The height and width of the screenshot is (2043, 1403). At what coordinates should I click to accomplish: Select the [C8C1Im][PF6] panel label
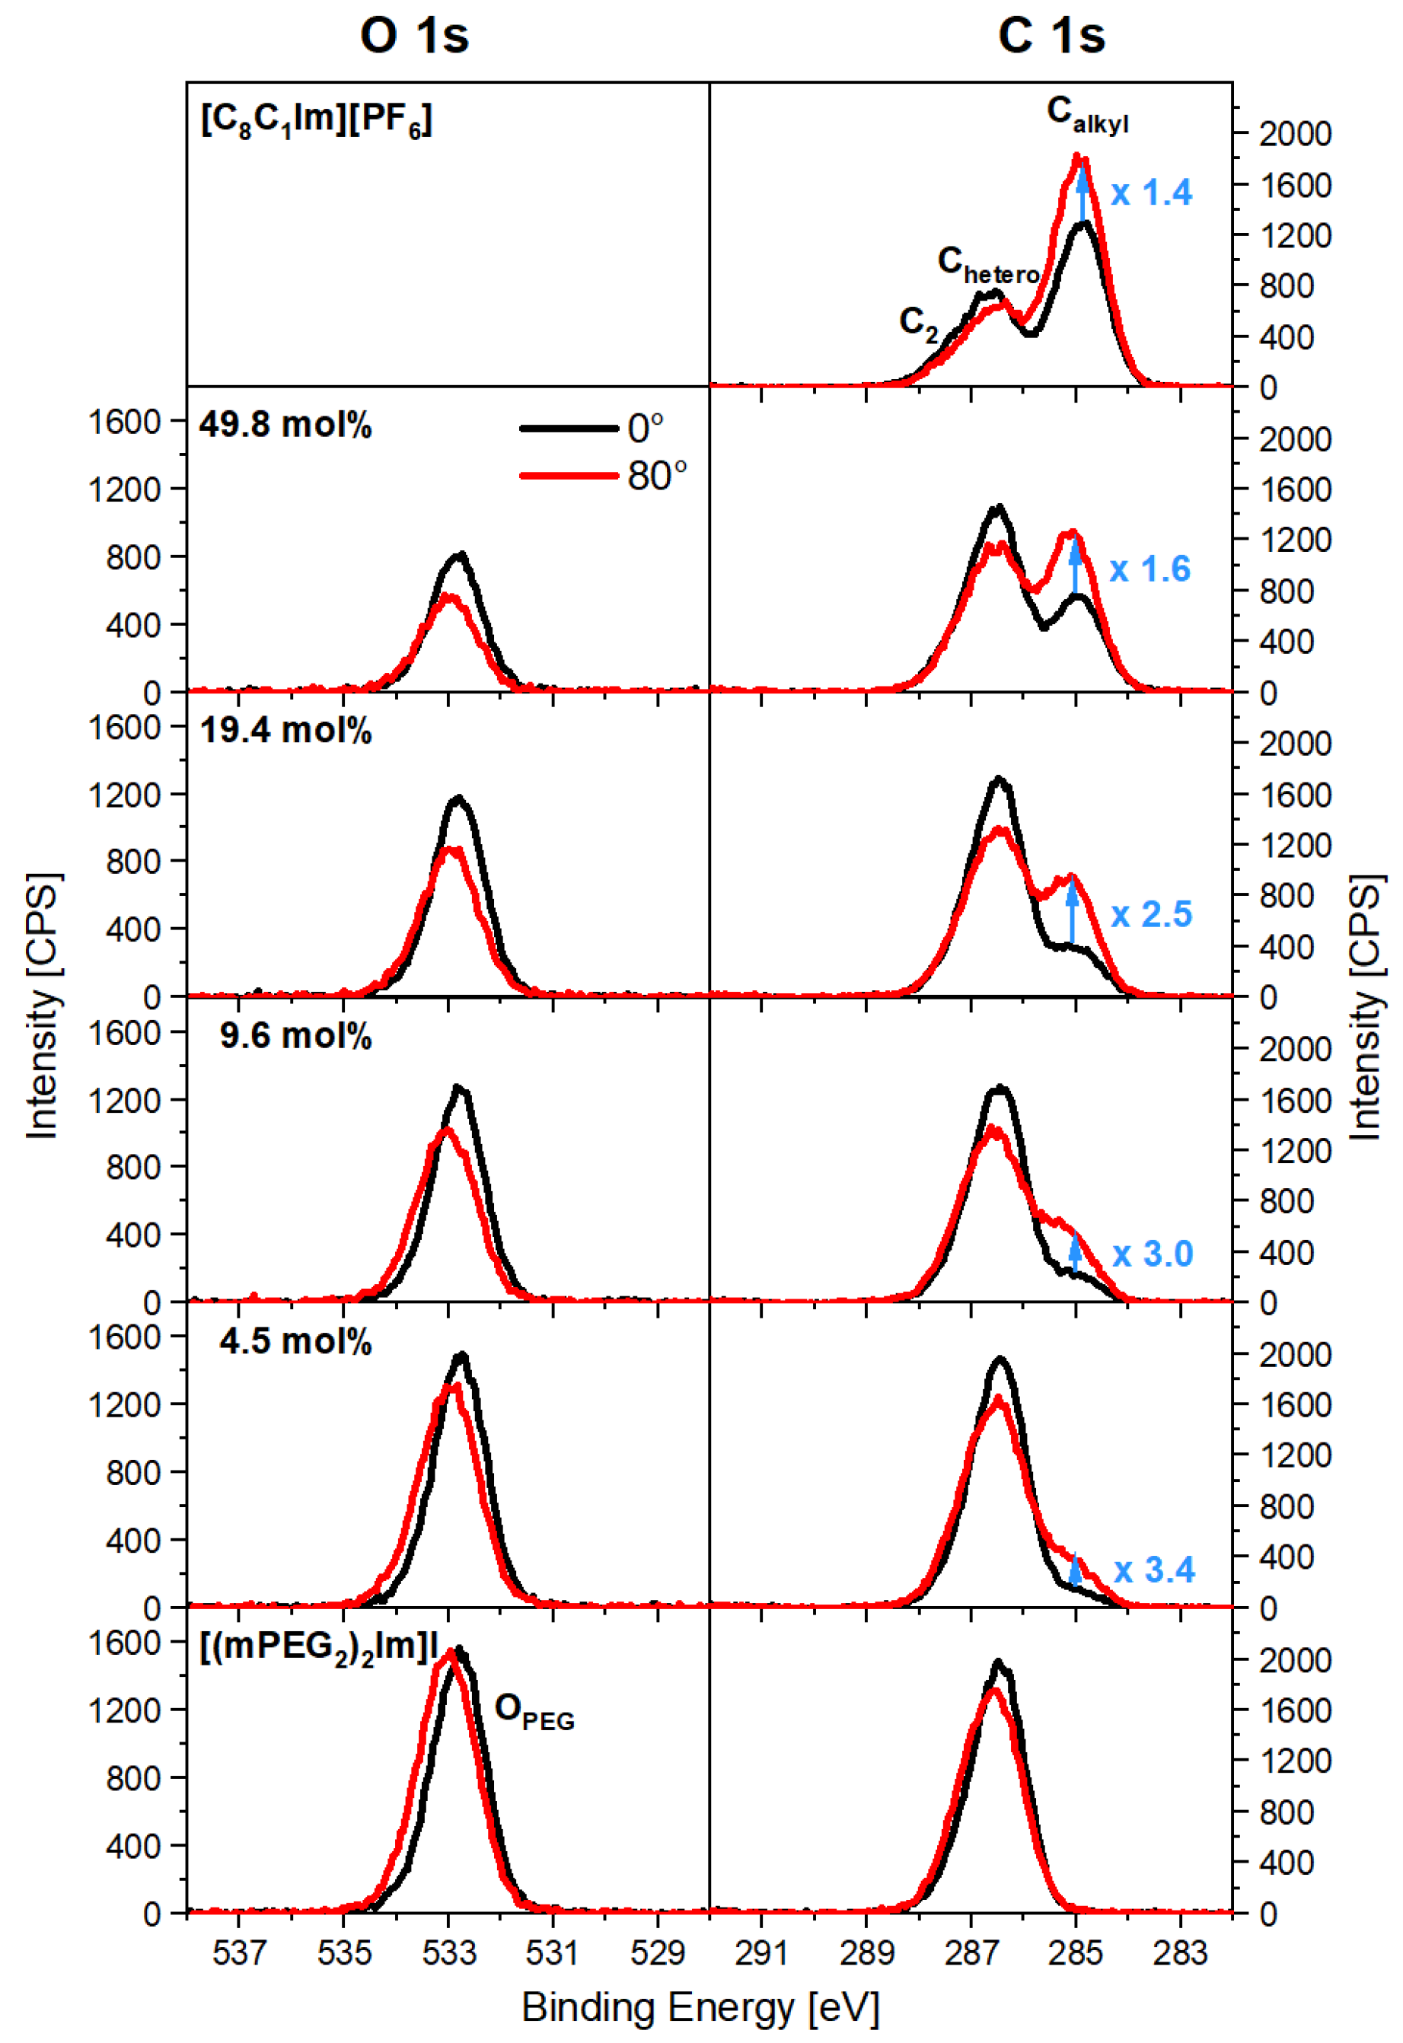317,119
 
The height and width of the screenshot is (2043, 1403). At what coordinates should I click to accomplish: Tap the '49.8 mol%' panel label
285,425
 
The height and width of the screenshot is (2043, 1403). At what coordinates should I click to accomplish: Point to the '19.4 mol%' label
285,731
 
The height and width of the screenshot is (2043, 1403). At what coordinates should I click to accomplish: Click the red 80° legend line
569,476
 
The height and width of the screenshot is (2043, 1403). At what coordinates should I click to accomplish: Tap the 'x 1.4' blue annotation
1151,193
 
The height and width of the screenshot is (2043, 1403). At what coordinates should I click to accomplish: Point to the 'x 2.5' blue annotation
1151,914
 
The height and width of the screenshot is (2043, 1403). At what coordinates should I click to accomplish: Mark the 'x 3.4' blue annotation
1153,1570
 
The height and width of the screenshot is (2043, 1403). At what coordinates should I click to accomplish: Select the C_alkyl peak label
1086,114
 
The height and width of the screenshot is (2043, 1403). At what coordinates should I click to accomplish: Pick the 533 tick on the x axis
448,1952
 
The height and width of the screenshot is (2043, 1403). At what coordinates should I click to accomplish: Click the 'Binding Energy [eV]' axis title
700,2009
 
